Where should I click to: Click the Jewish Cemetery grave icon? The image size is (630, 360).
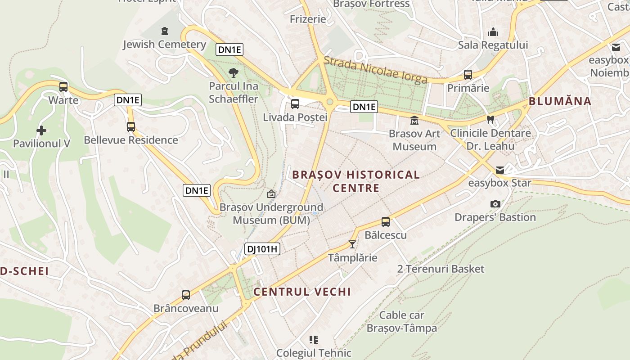165,31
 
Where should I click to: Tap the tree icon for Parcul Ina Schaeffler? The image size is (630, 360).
233,72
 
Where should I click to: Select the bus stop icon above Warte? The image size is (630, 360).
63,86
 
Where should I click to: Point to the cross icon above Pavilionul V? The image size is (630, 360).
41,130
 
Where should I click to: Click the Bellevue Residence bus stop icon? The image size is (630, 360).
131,126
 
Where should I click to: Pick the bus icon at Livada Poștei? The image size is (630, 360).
295,104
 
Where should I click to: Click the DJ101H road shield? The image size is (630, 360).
262,249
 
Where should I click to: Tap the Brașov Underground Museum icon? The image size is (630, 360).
271,194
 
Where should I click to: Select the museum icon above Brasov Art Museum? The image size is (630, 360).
414,121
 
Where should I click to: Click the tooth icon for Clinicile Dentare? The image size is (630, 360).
490,120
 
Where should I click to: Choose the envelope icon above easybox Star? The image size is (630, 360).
500,170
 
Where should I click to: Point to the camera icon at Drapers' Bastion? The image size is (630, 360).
495,204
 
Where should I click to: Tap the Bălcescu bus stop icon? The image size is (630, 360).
386,221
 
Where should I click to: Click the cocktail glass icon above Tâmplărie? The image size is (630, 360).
352,244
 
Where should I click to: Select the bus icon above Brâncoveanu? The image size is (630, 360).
186,295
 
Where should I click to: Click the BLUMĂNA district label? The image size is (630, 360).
560,101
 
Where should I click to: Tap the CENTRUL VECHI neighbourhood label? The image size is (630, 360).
302,292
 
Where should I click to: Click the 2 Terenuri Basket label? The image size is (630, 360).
441,269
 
